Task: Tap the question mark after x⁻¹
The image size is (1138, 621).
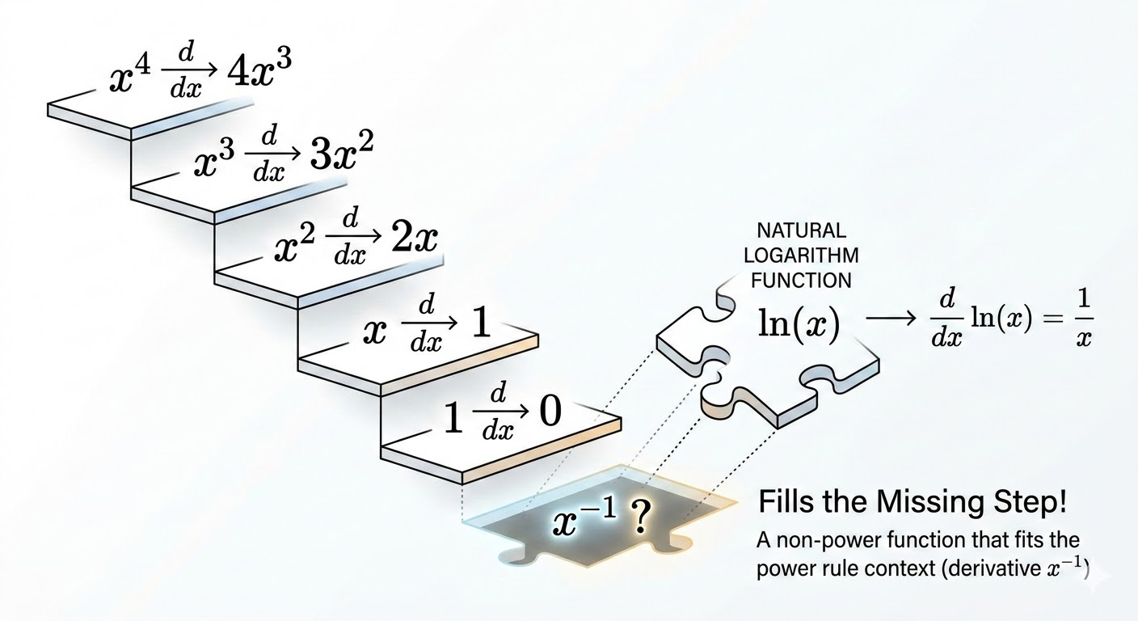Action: (x=639, y=518)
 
